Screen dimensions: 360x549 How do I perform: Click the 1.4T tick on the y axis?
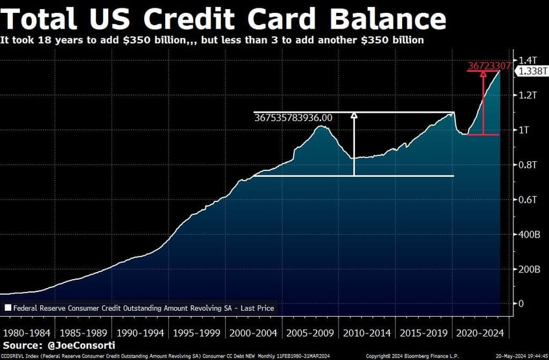[526, 60]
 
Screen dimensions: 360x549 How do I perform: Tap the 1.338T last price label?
[530, 72]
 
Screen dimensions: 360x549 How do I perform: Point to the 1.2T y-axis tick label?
[526, 95]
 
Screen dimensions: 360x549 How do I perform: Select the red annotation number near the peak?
[489, 65]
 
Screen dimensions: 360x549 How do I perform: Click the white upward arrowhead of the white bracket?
[354, 116]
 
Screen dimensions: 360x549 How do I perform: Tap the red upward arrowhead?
[483, 74]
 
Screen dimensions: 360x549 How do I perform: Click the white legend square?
[8, 309]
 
